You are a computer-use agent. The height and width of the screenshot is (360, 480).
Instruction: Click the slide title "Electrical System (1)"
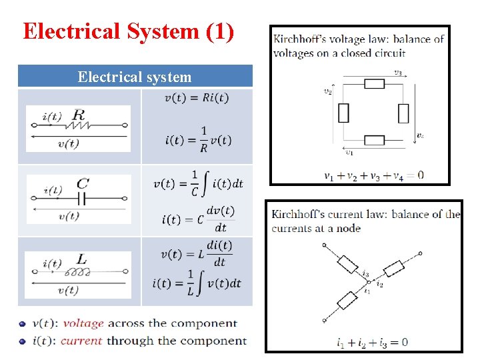pyautogui.click(x=128, y=32)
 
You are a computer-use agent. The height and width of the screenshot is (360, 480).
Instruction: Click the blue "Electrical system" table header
pyautogui.click(x=135, y=77)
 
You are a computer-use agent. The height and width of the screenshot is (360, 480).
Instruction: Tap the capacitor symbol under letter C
pyautogui.click(x=81, y=198)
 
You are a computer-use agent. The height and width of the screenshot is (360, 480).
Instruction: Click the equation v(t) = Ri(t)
pyautogui.click(x=196, y=98)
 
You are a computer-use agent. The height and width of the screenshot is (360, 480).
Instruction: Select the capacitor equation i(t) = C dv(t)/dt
pyautogui.click(x=198, y=218)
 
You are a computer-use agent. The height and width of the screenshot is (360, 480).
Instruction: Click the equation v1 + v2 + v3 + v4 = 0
pyautogui.click(x=373, y=176)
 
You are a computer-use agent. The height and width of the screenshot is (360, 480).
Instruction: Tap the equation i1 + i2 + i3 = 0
pyautogui.click(x=373, y=343)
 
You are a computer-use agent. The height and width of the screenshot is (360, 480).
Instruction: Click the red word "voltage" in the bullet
pyautogui.click(x=83, y=323)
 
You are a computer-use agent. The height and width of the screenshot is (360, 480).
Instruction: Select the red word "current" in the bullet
pyautogui.click(x=81, y=341)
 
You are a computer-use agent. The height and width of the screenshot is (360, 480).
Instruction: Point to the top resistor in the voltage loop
pyautogui.click(x=374, y=84)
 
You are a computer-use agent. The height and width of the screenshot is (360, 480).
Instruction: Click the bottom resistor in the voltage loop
pyautogui.click(x=374, y=140)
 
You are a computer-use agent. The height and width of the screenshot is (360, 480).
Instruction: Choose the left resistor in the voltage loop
pyautogui.click(x=343, y=113)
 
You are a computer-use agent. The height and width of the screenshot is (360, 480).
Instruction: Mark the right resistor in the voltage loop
pyautogui.click(x=403, y=113)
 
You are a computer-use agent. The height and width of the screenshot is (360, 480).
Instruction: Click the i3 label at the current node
pyautogui.click(x=366, y=273)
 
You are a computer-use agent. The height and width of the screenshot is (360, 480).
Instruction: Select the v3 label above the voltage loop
pyautogui.click(x=397, y=73)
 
